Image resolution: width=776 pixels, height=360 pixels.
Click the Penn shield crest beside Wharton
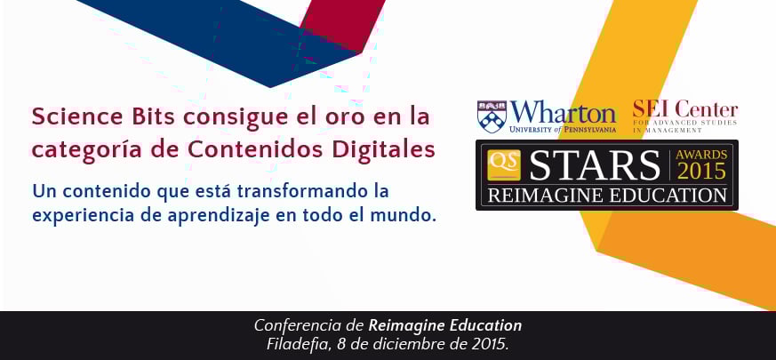[492, 116]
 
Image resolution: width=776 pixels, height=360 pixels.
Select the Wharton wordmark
[564, 113]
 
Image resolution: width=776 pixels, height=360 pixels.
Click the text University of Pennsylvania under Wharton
[563, 130]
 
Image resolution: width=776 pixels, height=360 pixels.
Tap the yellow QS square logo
[504, 165]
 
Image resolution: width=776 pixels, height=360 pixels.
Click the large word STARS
[595, 165]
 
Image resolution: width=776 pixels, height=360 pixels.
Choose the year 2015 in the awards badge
[701, 172]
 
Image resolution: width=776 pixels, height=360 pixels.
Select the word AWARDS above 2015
[701, 155]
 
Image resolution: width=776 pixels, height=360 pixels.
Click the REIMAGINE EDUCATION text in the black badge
[607, 196]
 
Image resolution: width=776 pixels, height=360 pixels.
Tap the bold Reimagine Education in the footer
[445, 326]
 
